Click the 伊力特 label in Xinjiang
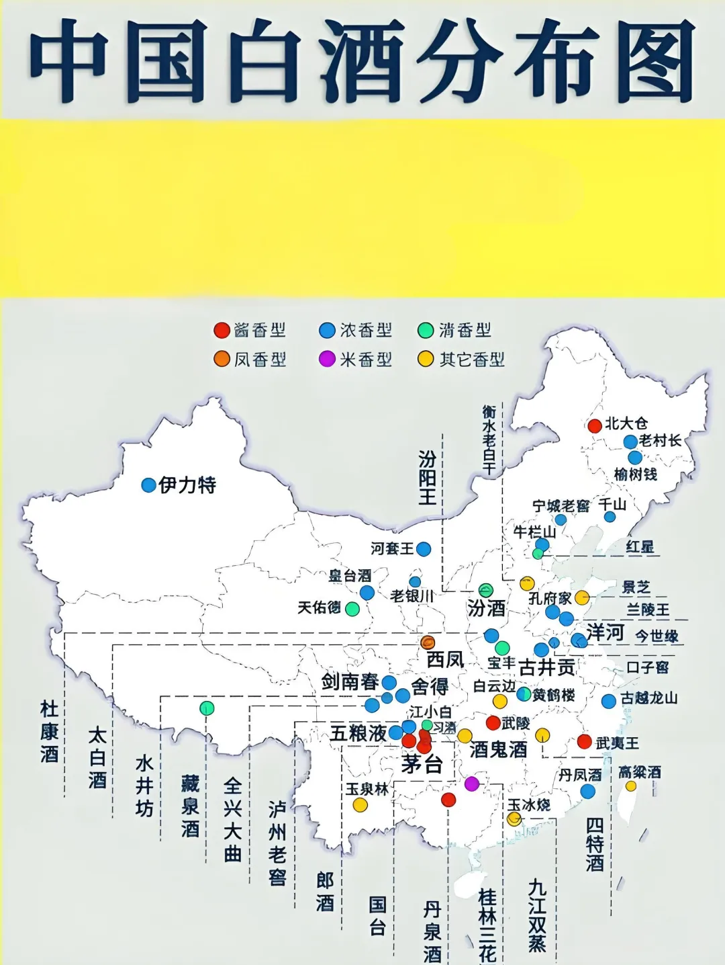[187, 485]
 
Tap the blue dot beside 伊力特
[149, 485]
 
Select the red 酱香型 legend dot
[222, 330]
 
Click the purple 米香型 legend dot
[327, 359]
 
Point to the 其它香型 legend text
[472, 360]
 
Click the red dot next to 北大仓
[595, 425]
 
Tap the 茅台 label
[422, 764]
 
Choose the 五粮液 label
[358, 732]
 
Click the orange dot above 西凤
[428, 642]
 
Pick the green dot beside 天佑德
[352, 609]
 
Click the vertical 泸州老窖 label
[277, 843]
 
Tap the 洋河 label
[606, 632]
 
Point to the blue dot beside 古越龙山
[609, 702]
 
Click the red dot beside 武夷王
[585, 741]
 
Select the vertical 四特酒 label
[595, 844]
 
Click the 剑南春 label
[350, 681]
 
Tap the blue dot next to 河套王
[424, 549]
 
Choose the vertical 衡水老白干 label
[489, 441]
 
